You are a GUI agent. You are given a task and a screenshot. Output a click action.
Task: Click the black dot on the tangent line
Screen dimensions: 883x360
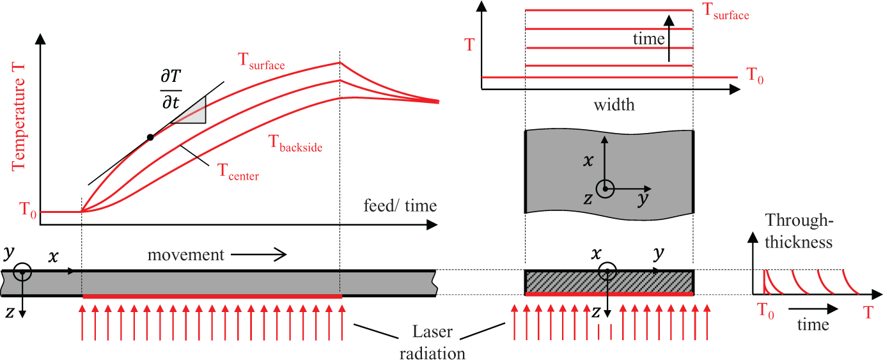(x=150, y=137)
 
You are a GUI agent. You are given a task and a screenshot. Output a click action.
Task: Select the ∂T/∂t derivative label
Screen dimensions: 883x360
(x=171, y=89)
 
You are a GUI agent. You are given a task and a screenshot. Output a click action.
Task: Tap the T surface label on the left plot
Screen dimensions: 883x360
(x=261, y=61)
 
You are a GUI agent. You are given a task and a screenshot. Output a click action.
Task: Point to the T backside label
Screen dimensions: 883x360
(x=295, y=143)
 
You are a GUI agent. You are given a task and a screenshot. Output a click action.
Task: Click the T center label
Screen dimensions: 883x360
(x=238, y=172)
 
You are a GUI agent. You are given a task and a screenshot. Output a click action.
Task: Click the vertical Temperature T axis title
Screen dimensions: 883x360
(x=18, y=117)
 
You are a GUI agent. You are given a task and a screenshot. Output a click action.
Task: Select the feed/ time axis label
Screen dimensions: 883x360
(x=400, y=206)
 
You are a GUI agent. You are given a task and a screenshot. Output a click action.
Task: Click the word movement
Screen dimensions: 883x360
(x=185, y=254)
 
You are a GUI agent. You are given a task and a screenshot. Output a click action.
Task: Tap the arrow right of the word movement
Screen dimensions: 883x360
(x=258, y=254)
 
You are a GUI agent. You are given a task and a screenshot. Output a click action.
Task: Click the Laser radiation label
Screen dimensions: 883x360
(x=432, y=342)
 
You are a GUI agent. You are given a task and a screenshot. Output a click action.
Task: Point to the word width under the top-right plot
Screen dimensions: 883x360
(x=614, y=105)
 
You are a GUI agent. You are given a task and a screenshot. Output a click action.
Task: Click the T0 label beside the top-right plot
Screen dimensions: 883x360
(x=755, y=75)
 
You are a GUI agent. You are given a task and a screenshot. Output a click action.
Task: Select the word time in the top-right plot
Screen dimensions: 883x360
(x=648, y=38)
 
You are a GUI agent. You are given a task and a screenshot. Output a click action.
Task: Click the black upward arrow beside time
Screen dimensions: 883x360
(x=669, y=38)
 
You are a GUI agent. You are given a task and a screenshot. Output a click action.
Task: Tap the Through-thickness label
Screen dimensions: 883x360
(x=799, y=231)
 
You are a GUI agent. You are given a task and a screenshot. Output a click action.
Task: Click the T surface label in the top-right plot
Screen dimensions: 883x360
(x=726, y=11)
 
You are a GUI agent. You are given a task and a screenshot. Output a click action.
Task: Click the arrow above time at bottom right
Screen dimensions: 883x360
(x=813, y=309)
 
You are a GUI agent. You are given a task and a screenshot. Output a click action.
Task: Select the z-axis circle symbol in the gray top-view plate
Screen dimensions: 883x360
(x=605, y=189)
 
